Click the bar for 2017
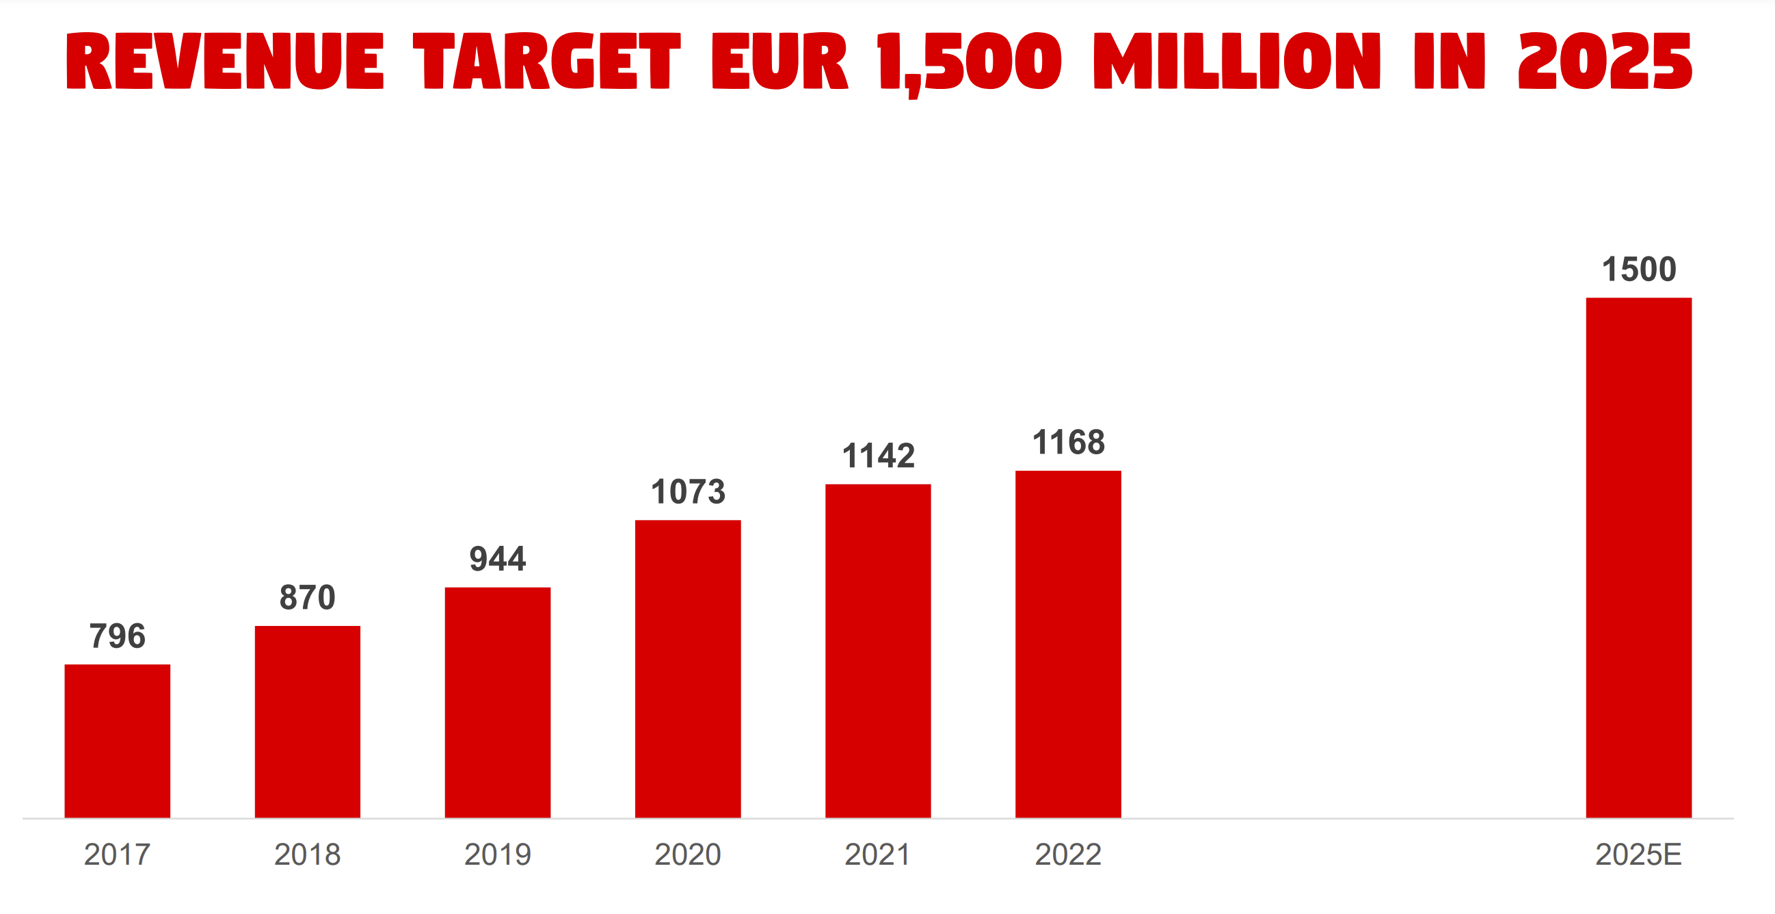(x=117, y=741)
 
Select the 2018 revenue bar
(x=307, y=722)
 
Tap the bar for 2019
(x=498, y=703)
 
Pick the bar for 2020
(x=688, y=668)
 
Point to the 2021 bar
(x=878, y=651)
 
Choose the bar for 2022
(x=1068, y=644)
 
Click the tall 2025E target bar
(x=1638, y=558)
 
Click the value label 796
(x=117, y=636)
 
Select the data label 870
(x=307, y=597)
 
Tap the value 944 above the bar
(x=498, y=558)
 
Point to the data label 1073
(x=688, y=491)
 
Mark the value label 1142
(x=878, y=456)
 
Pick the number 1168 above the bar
(x=1068, y=442)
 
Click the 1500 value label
(x=1638, y=269)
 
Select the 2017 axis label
(x=117, y=854)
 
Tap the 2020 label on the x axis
(x=688, y=854)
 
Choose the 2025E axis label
(x=1638, y=854)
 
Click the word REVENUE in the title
(x=225, y=61)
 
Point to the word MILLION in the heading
(x=1237, y=61)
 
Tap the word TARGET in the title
(x=546, y=61)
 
